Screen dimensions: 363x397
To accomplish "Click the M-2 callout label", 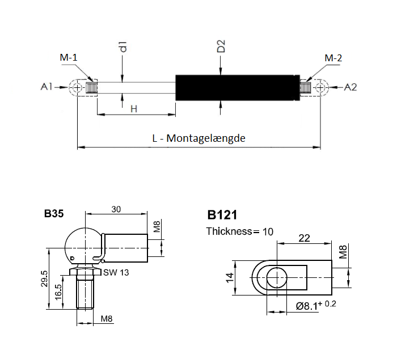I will pos(333,58).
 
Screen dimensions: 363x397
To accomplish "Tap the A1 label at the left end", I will pos(47,87).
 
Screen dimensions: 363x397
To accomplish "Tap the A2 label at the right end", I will pos(350,87).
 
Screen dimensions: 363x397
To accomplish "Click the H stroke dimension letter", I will pos(134,108).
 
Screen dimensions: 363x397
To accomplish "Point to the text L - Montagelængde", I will pos(198,138).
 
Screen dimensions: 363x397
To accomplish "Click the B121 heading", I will pos(222,215).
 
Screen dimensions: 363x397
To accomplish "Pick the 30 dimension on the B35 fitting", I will pos(116,209).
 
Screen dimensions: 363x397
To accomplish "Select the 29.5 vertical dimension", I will pos(45,280).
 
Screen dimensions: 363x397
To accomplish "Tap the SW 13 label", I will pos(116,273).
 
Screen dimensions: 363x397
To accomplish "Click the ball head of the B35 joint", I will pos(81,242).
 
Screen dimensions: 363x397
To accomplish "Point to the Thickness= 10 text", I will pos(239,231).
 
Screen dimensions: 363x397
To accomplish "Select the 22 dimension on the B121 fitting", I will pos(304,239).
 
